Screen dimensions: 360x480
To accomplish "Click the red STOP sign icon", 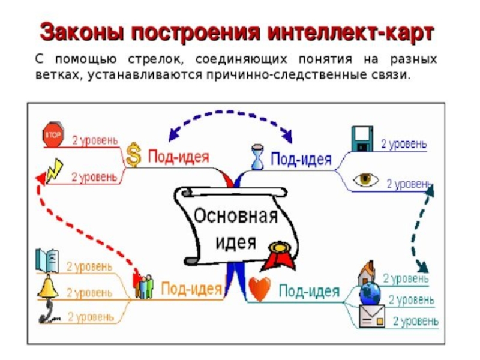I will pyautogui.click(x=53, y=135).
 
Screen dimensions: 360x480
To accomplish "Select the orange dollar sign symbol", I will pyautogui.click(x=134, y=157).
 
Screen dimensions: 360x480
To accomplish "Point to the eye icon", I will pyautogui.click(x=365, y=179).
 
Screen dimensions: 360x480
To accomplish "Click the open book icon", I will pyautogui.click(x=47, y=260).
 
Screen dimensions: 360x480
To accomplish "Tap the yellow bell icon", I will pyautogui.click(x=47, y=287).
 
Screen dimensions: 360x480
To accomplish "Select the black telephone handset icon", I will pyautogui.click(x=48, y=313).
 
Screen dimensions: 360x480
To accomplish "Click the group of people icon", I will pyautogui.click(x=144, y=287).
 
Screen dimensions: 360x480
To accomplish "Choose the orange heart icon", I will pyautogui.click(x=259, y=290).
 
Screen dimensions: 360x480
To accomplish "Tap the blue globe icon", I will pyautogui.click(x=369, y=295).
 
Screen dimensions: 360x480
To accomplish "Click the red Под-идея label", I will pyautogui.click(x=178, y=157).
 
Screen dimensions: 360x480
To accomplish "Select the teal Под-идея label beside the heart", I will pyautogui.click(x=309, y=292).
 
